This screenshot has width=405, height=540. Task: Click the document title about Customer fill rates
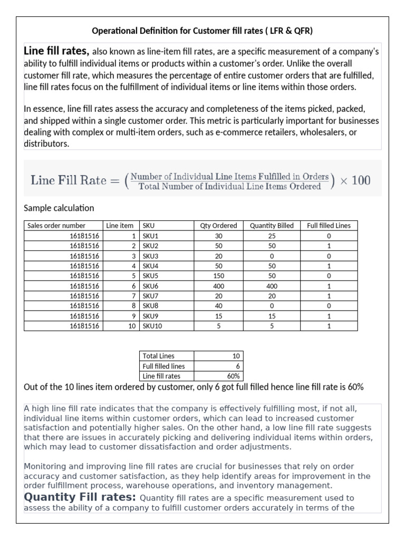coord(202,31)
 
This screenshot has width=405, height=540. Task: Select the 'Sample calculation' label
coord(59,208)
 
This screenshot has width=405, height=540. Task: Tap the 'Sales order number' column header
coord(56,225)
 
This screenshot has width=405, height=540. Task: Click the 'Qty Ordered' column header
coord(218,225)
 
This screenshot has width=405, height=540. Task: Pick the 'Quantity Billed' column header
coord(272,225)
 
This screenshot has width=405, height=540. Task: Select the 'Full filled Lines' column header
coord(329,225)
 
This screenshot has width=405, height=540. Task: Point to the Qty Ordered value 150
coord(218,276)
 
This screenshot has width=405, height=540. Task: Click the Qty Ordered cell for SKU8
coord(218,306)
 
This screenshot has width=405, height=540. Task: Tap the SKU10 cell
coord(152,326)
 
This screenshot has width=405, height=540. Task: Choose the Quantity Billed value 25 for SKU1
coord(272,236)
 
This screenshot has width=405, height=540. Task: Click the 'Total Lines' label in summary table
coord(159,356)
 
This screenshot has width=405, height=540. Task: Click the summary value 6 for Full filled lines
coord(237,366)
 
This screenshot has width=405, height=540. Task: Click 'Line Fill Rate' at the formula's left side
coord(69,180)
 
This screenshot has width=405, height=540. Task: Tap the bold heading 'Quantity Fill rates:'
coord(80,497)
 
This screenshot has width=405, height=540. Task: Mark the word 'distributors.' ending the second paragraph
coord(47,143)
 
